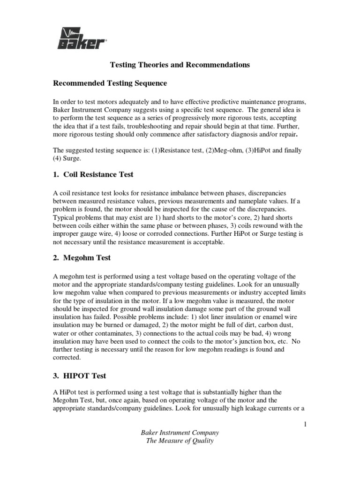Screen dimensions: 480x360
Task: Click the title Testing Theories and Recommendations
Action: [x=180, y=65]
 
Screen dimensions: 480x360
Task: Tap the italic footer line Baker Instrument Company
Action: [x=180, y=433]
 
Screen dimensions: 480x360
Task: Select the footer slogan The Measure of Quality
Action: [x=180, y=441]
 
